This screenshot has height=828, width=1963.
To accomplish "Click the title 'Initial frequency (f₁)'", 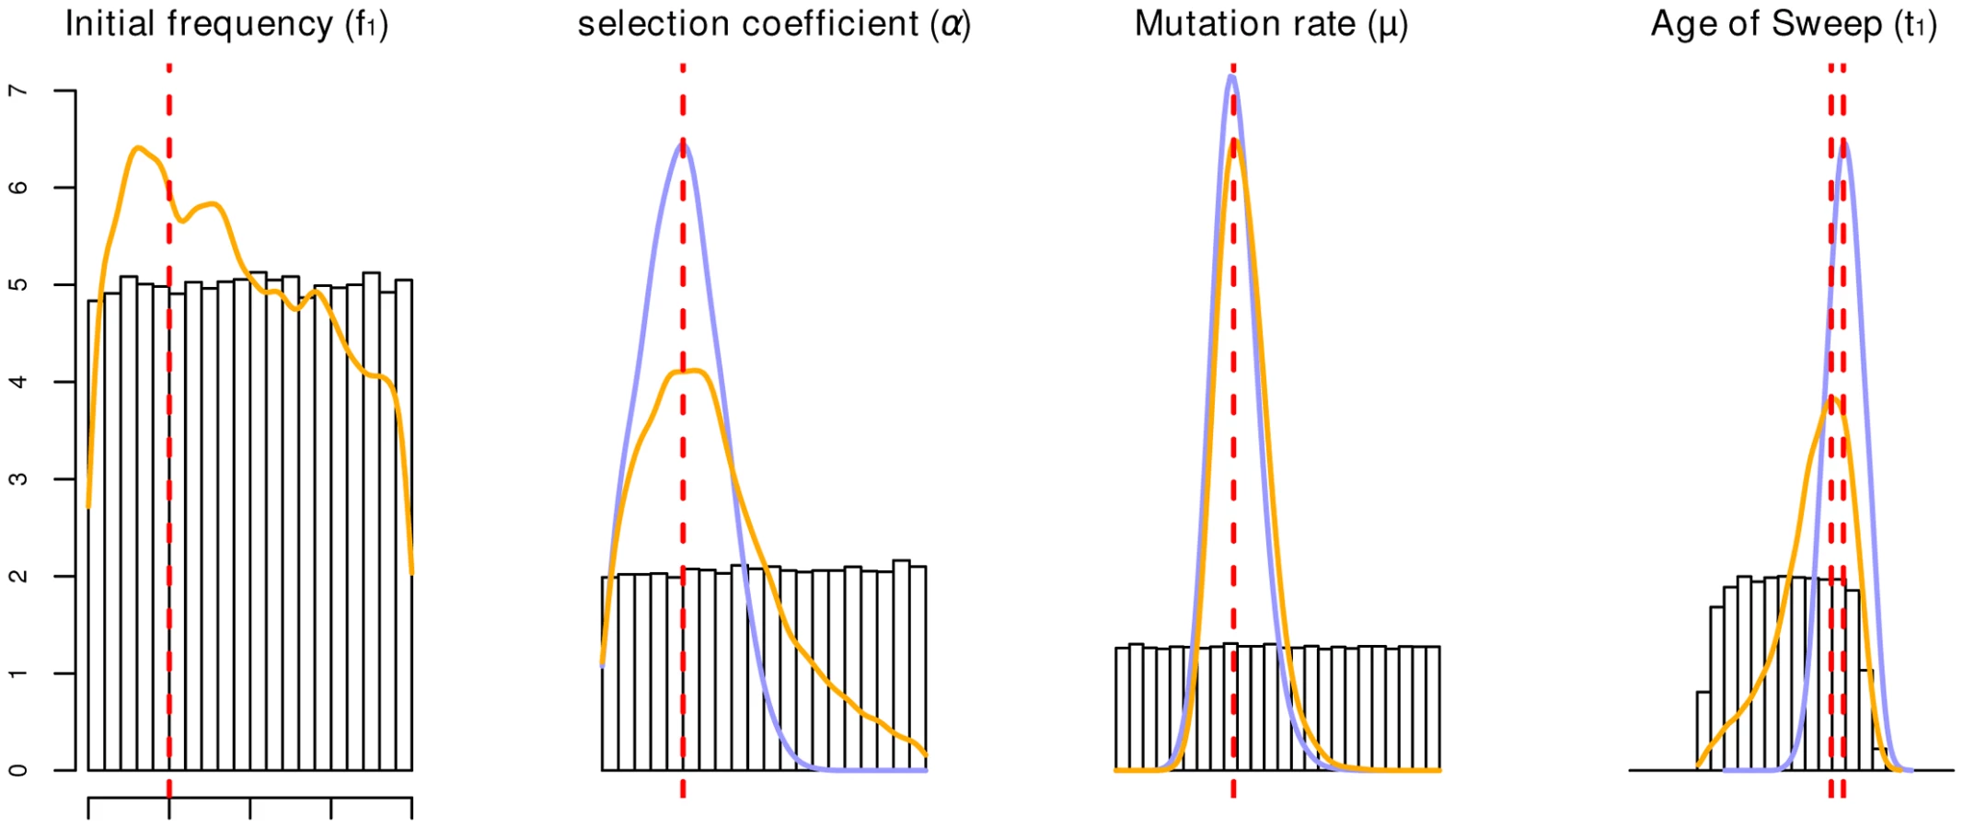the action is pos(226,24).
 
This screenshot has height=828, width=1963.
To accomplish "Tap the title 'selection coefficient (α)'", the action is pos(774,24).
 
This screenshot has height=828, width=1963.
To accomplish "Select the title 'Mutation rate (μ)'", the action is pos(1271,24).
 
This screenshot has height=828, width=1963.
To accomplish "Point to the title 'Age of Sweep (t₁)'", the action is pos(1794,24).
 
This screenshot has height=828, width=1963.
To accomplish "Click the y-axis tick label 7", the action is pos(17,91).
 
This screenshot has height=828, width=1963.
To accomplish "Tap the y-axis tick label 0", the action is pos(17,770).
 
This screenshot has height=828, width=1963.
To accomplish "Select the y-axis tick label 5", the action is pos(17,284).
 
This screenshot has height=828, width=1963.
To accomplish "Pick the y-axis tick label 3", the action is pos(17,478).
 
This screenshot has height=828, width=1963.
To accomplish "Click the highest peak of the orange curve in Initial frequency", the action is pos(137,147).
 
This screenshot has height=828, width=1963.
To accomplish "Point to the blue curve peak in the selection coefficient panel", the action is pos(683,144).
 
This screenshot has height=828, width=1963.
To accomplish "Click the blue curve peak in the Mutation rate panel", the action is pos(1231,75).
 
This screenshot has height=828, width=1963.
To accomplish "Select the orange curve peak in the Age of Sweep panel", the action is pos(1831,397).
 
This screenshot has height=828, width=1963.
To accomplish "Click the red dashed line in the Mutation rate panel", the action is pos(1233,431).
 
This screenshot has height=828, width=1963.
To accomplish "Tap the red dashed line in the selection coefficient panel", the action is pos(683,431).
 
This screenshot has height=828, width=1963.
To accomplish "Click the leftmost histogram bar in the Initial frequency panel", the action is pos(96,535).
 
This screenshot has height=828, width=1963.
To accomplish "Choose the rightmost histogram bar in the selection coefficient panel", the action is pos(918,669).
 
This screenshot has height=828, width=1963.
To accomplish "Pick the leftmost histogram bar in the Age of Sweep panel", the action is pos(1703,731).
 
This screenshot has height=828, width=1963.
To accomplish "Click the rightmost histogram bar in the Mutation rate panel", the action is pos(1433,708).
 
